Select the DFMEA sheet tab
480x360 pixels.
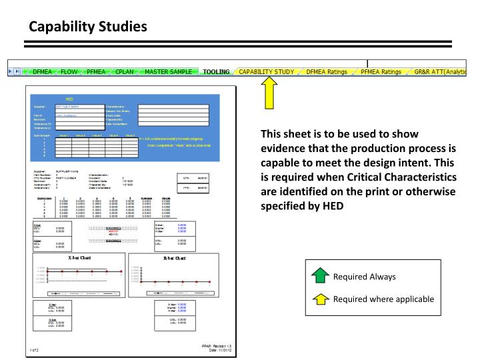click(42, 71)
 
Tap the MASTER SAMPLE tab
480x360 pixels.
click(169, 71)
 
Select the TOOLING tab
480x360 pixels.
click(216, 71)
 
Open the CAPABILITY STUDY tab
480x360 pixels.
click(267, 71)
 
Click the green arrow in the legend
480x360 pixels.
click(321, 276)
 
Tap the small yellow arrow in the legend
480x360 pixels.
click(321, 299)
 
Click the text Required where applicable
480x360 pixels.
click(383, 299)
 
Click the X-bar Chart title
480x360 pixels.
click(80, 257)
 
